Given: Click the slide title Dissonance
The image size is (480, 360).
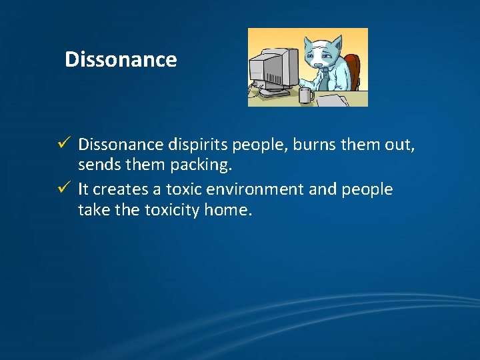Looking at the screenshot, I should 121,60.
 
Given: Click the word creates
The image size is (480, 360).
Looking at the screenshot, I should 119,189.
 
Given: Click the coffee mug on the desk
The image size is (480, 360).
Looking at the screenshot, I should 306,95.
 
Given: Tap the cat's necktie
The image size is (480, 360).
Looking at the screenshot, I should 324,78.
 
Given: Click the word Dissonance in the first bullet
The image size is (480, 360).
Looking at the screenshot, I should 119,144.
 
